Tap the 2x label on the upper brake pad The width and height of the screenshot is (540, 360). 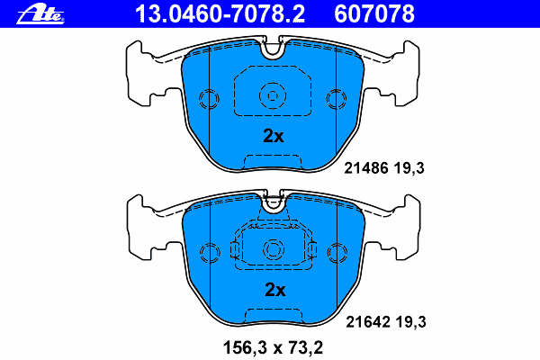tap(273, 137)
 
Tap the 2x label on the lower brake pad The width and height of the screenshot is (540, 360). tap(273, 290)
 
